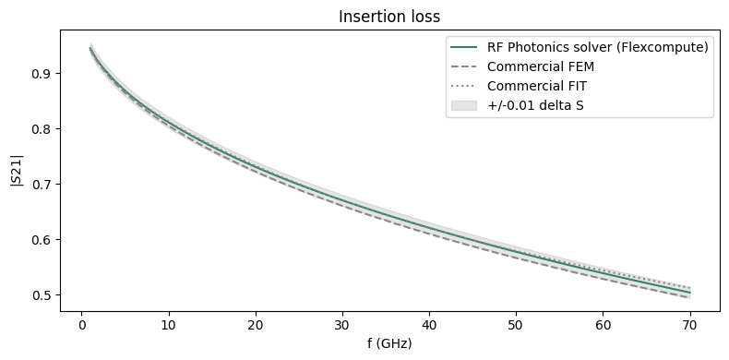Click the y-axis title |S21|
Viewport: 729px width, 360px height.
point(16,174)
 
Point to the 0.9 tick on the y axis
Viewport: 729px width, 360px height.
point(42,74)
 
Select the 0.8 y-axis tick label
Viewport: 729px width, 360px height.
point(42,129)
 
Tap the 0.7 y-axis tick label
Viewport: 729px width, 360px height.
point(42,185)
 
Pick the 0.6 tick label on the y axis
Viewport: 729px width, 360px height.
point(42,240)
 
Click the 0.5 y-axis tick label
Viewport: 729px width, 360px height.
point(42,295)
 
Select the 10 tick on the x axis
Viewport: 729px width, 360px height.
point(168,324)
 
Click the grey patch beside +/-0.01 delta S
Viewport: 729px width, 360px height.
point(465,105)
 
